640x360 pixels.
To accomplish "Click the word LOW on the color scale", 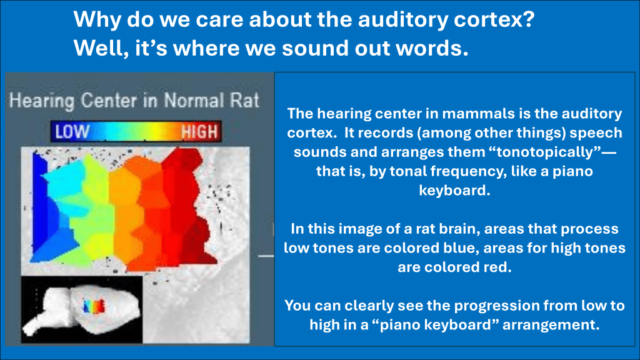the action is [72, 132].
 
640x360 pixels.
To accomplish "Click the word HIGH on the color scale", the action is [199, 132].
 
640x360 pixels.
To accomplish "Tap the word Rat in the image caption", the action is [244, 101].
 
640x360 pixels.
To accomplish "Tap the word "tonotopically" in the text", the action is [544, 152].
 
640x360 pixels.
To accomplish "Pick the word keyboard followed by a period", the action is [455, 191].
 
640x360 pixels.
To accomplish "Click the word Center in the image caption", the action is [109, 101].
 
